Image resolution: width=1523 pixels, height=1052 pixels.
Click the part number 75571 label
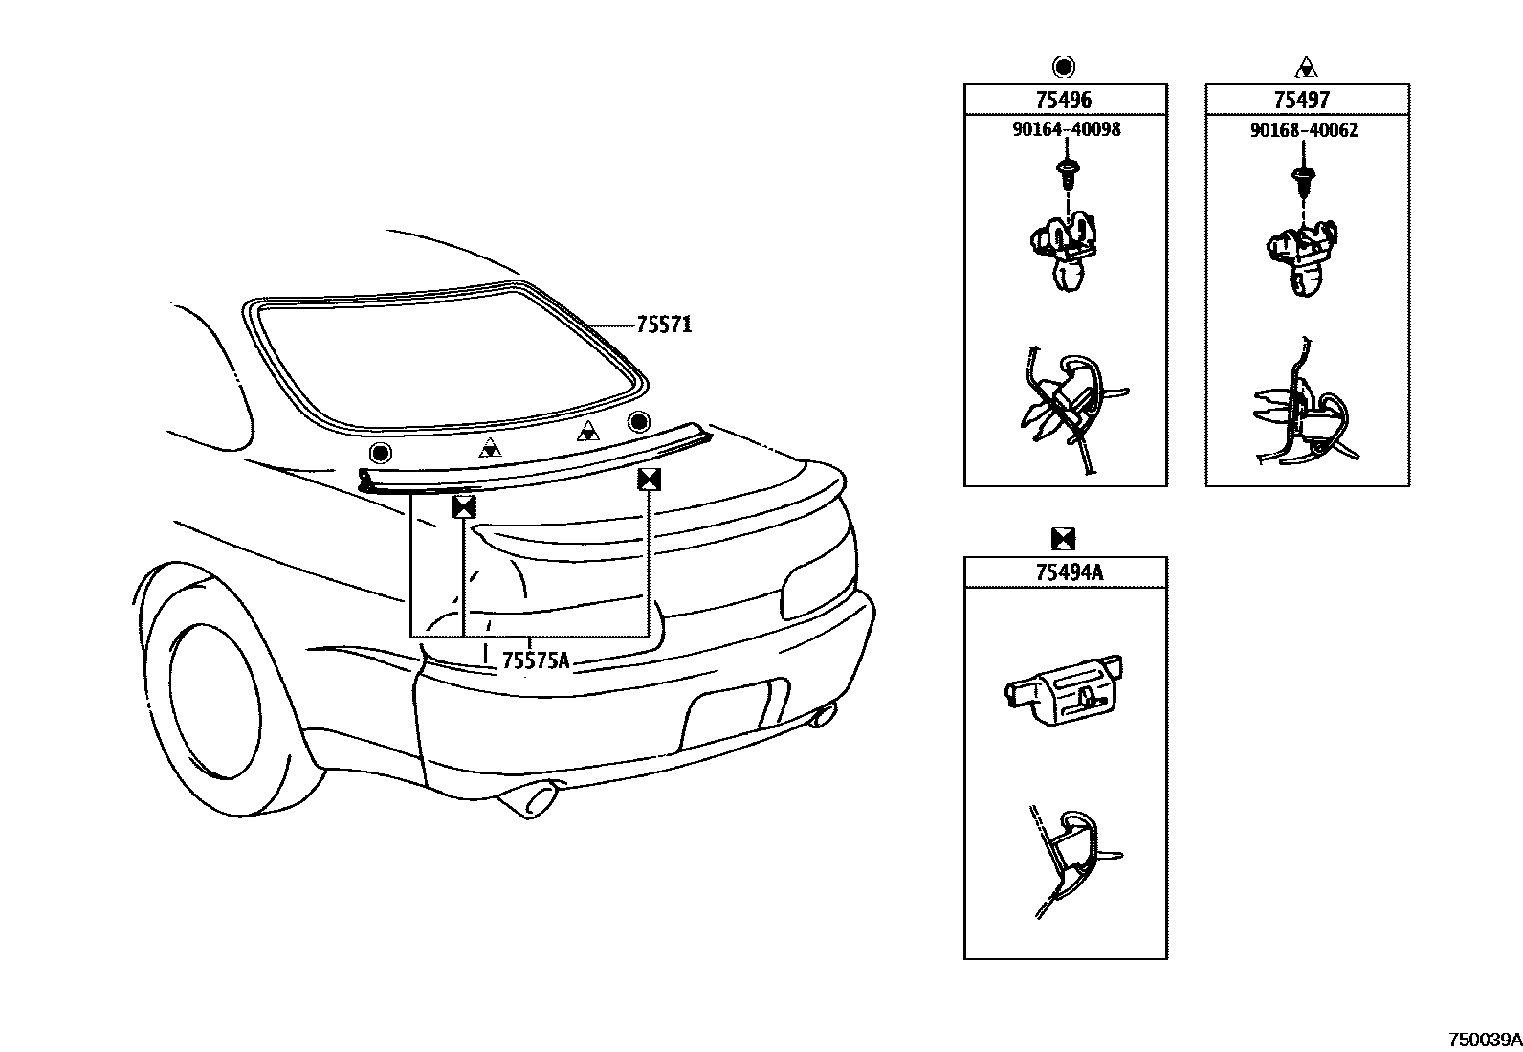coord(664,325)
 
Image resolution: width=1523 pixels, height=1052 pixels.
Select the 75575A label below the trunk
coord(536,660)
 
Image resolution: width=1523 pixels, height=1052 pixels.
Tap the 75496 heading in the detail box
coord(1064,101)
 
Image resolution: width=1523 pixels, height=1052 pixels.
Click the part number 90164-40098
coord(1066,129)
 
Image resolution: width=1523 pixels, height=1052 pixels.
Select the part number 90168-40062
coord(1303,129)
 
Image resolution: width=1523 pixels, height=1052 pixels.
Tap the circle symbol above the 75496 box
coord(1064,67)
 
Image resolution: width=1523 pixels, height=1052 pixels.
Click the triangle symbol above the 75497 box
coord(1306,67)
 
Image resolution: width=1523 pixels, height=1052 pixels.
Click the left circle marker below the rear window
coord(381,453)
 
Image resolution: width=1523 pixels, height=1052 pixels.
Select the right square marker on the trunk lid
coord(650,480)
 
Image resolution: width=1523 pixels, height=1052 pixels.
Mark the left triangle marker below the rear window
coord(489,446)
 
